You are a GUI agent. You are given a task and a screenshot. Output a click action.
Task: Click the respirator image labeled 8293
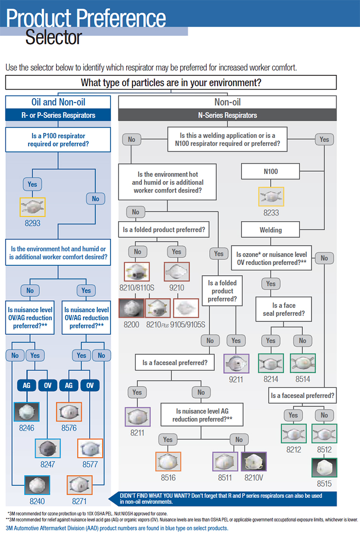tap(33, 207)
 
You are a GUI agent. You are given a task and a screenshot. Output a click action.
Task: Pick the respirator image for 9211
tap(236, 363)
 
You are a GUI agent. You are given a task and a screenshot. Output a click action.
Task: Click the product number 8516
tap(168, 478)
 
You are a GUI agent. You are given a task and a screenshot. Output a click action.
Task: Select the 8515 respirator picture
tap(324, 468)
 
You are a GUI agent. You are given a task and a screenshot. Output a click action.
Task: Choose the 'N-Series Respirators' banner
tap(228, 115)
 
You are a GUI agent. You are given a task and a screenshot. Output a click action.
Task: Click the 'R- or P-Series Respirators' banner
tap(58, 115)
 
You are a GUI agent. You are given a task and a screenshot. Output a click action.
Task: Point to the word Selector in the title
tap(54, 37)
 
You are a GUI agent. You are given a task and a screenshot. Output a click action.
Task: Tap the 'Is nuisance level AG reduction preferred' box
tap(202, 415)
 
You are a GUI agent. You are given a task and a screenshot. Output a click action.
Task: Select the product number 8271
tap(79, 501)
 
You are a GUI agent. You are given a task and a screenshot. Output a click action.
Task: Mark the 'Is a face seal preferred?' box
tap(283, 310)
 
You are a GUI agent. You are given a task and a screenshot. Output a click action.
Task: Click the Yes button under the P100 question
tap(33, 184)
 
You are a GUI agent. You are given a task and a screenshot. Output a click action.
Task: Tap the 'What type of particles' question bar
tap(171, 83)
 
